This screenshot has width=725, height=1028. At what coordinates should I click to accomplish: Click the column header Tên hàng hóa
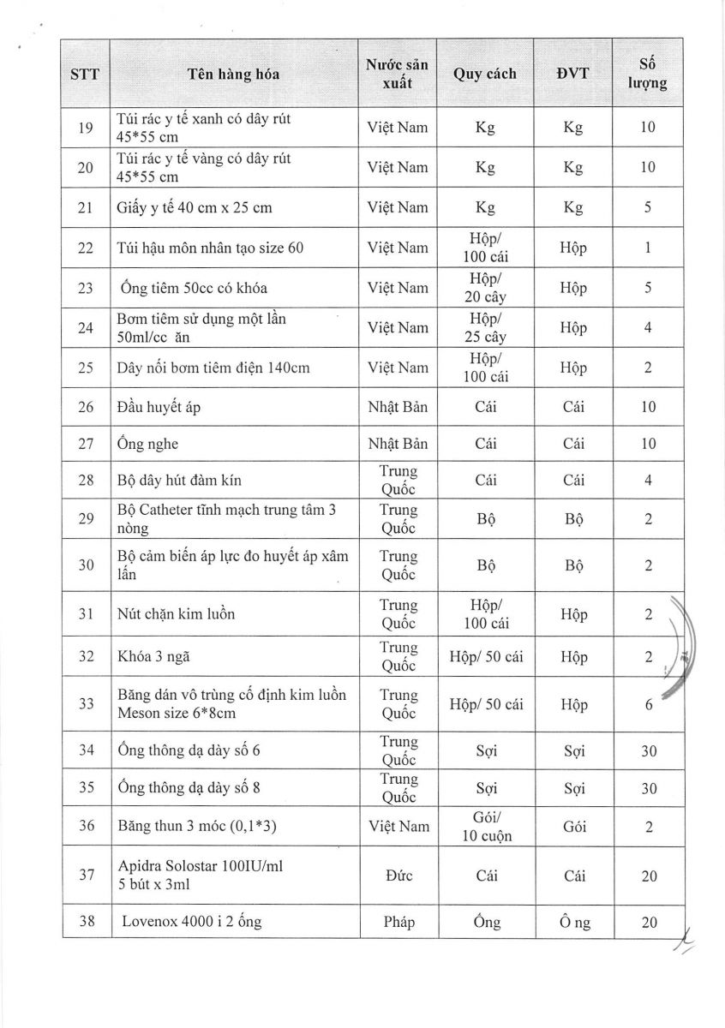coord(233,74)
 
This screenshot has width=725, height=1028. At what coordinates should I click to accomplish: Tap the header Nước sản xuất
coord(397,74)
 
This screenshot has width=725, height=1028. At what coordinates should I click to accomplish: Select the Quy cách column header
coord(485,74)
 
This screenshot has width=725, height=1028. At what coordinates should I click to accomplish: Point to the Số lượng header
coord(648,74)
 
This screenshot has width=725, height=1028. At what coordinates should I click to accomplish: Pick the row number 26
coord(85,407)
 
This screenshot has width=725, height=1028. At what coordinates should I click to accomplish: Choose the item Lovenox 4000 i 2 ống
coord(191,923)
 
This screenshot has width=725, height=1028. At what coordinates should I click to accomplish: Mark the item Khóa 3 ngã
coord(153,657)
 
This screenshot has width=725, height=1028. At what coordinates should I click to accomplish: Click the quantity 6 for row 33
coord(648,705)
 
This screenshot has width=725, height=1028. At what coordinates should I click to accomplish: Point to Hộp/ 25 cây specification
coord(485,327)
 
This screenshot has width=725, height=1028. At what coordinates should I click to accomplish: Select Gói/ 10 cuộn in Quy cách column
coord(485,827)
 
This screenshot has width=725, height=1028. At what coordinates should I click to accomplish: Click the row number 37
coord(85,876)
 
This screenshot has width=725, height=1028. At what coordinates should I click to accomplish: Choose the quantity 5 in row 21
coord(648,207)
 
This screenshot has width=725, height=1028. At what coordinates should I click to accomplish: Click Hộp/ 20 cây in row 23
coord(485,288)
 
